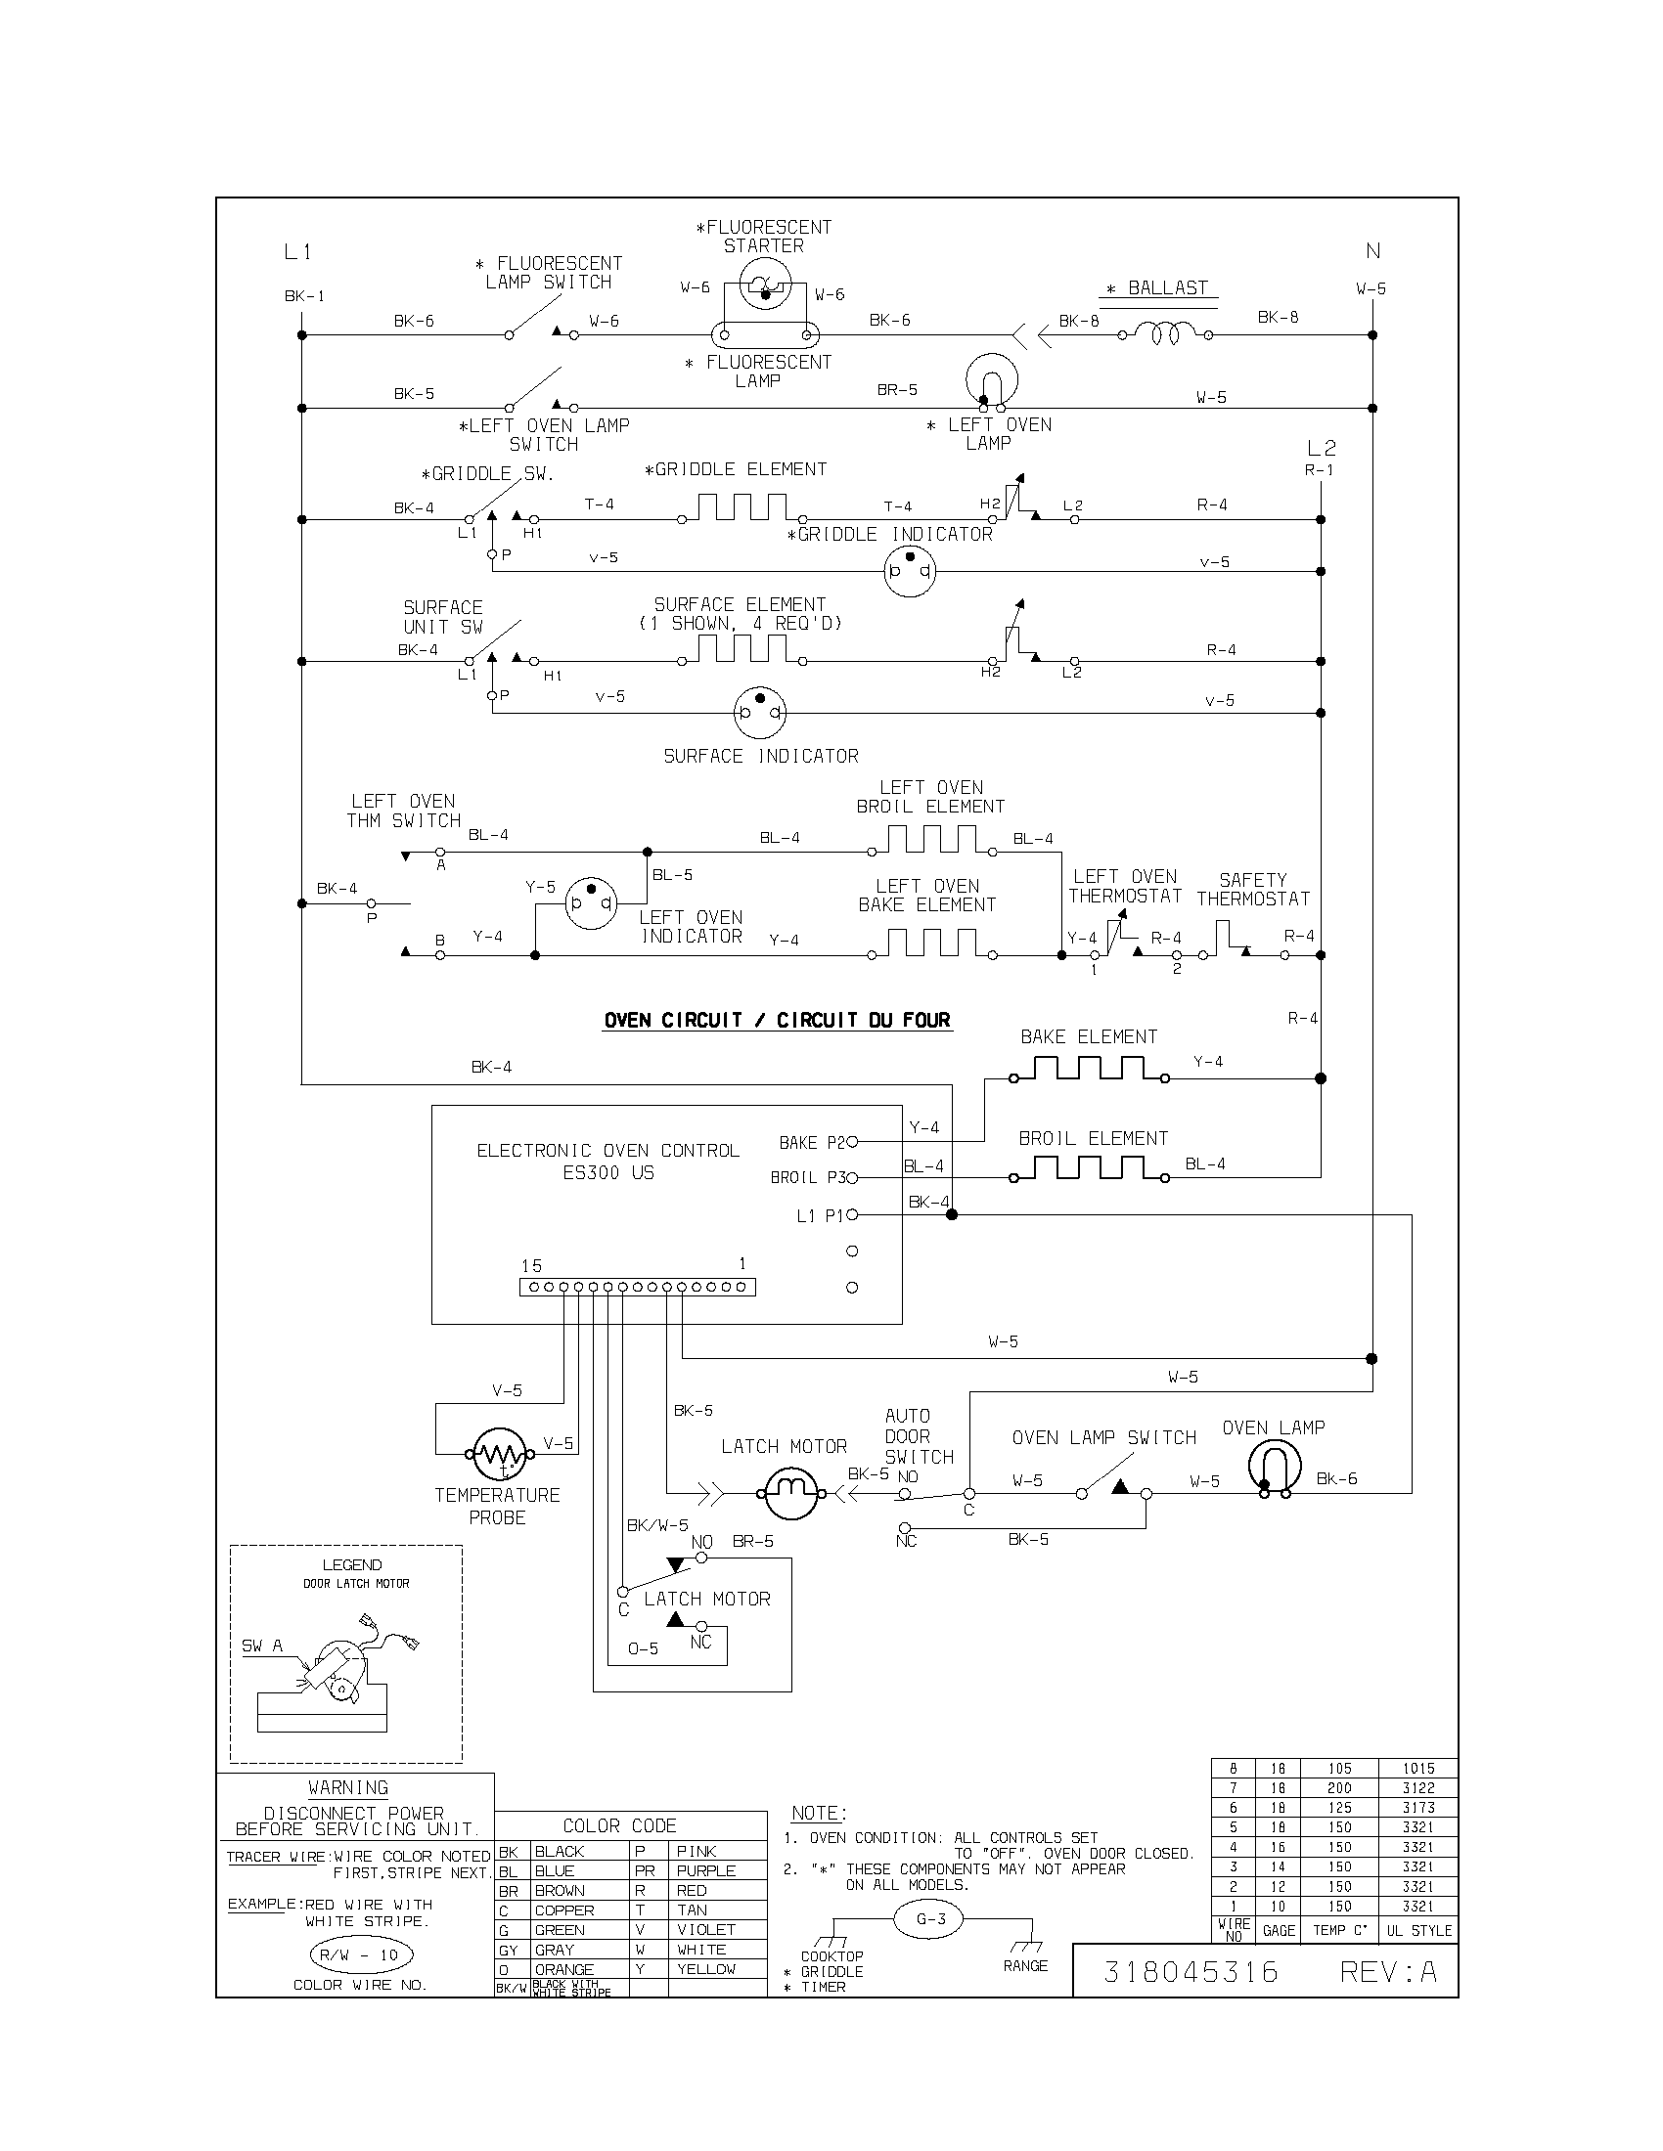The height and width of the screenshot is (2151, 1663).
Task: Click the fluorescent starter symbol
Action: coord(764,287)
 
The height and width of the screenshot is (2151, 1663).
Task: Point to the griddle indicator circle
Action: coord(909,571)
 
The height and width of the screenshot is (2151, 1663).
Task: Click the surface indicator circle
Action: coord(759,712)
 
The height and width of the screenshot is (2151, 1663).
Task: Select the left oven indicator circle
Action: coord(590,902)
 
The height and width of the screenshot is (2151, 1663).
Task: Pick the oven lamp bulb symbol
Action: coord(1275,1467)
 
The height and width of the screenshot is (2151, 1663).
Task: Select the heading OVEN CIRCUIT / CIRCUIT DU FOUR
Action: coord(778,1021)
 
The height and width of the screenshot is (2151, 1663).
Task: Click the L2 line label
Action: coord(1322,448)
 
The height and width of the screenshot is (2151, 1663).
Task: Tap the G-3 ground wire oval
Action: coord(931,1918)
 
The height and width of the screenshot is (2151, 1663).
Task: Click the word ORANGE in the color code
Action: coord(563,1970)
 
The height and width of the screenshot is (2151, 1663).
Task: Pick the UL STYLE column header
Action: coord(1418,1930)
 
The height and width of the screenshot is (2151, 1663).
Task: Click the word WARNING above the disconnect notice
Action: coord(348,1787)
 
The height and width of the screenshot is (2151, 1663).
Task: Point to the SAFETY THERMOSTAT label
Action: coord(1253,890)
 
